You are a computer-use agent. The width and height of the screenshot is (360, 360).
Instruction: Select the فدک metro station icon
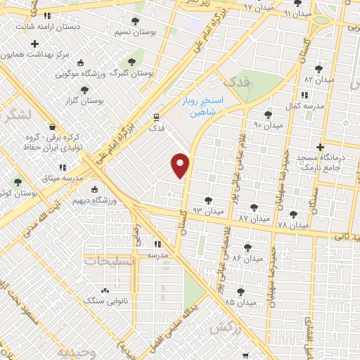point(157,117)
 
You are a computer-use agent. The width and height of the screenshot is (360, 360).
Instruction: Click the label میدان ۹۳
point(208,210)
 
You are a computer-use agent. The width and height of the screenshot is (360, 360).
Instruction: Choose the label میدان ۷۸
point(292,225)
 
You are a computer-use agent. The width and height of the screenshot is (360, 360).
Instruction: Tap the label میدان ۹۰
point(268,125)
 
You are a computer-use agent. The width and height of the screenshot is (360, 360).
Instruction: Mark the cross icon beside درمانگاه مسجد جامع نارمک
point(320,148)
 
